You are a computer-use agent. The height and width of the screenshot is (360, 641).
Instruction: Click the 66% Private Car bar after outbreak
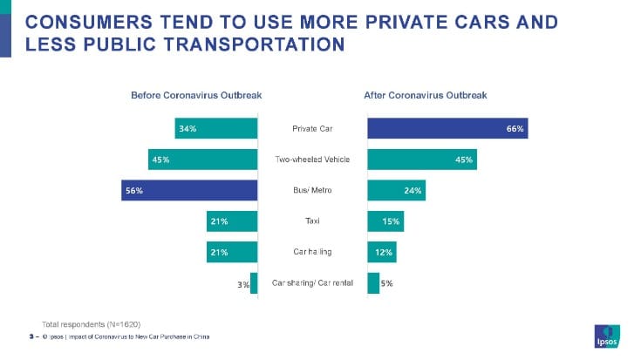447,129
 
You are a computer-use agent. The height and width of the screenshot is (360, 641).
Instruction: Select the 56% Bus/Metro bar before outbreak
189,191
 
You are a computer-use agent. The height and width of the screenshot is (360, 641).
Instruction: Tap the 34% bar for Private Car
216,129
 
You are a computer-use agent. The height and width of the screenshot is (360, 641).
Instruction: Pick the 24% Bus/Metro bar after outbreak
396,191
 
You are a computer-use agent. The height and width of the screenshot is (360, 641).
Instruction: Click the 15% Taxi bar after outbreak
385,221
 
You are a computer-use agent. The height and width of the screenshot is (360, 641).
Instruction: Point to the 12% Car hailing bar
381,253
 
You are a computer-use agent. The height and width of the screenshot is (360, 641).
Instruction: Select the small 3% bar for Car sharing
254,283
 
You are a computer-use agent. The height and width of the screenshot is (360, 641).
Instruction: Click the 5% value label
387,283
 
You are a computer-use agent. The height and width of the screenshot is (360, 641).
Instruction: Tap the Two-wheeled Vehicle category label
312,160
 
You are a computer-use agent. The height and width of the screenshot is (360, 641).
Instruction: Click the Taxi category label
312,221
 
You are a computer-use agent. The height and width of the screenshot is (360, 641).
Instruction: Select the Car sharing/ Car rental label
312,283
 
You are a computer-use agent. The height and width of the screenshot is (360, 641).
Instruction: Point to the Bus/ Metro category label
312,191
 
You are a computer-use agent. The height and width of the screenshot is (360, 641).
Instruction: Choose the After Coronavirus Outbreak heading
425,95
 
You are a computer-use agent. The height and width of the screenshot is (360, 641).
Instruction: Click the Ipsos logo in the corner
606,335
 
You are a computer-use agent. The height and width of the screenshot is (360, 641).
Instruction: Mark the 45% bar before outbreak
203,160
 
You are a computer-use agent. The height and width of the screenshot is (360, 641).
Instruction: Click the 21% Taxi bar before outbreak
232,221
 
